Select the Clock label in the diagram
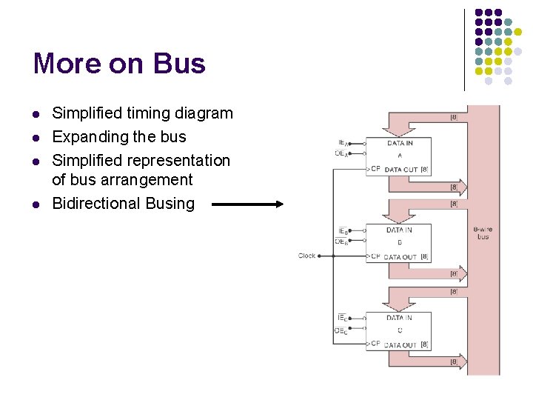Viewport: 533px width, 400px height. point(306,256)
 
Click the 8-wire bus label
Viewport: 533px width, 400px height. point(483,233)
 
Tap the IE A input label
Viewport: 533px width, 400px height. point(343,143)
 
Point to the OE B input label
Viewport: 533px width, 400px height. point(341,241)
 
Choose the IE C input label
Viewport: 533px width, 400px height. point(342,318)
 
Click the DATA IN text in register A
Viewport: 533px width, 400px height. point(400,143)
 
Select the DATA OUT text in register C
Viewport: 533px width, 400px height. point(400,345)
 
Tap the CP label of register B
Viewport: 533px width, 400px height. point(375,256)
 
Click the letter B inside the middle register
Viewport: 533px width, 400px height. point(400,242)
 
